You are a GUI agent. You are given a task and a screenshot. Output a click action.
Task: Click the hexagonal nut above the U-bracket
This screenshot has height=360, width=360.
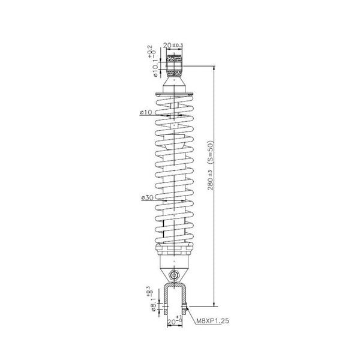(175, 274)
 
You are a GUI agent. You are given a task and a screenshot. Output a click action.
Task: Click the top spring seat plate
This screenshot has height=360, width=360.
(175, 94)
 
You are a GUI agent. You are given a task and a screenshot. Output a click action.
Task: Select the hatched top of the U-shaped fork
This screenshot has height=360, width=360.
(175, 285)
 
